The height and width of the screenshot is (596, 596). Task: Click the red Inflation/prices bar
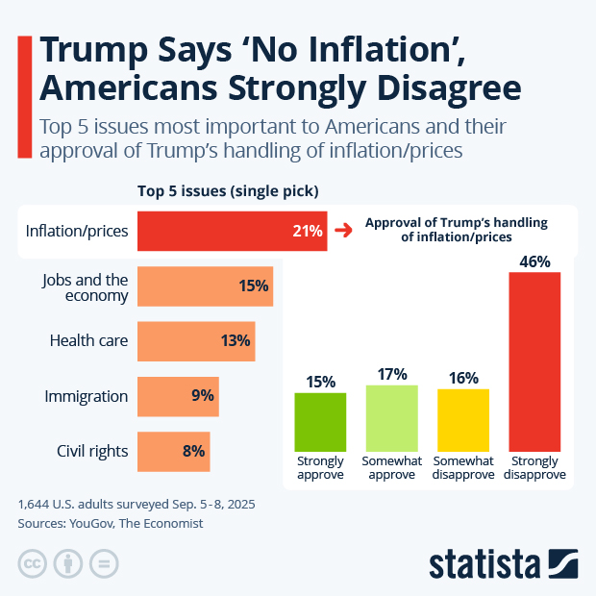point(232,231)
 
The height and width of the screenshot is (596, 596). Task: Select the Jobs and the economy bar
point(205,286)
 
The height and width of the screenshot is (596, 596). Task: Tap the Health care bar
point(196,340)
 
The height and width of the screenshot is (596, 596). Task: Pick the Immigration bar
point(178,396)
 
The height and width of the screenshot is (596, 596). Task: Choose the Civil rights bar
point(173,451)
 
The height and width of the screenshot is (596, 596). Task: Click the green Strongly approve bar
point(320,420)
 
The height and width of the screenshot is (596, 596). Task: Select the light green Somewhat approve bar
point(391,417)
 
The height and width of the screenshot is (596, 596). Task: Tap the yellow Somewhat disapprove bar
point(463,419)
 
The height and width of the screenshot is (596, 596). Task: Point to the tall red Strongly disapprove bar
point(534,361)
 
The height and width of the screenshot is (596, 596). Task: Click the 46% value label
point(534,261)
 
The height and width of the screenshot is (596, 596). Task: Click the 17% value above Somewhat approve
point(391,374)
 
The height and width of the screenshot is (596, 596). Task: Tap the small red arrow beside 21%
point(342,231)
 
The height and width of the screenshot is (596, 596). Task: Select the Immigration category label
point(87,396)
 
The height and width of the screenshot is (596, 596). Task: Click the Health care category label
point(88,340)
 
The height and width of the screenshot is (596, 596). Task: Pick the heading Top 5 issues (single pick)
point(228,190)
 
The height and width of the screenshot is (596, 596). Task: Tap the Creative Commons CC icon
point(33,562)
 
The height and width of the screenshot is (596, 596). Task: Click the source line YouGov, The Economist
point(111,524)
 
